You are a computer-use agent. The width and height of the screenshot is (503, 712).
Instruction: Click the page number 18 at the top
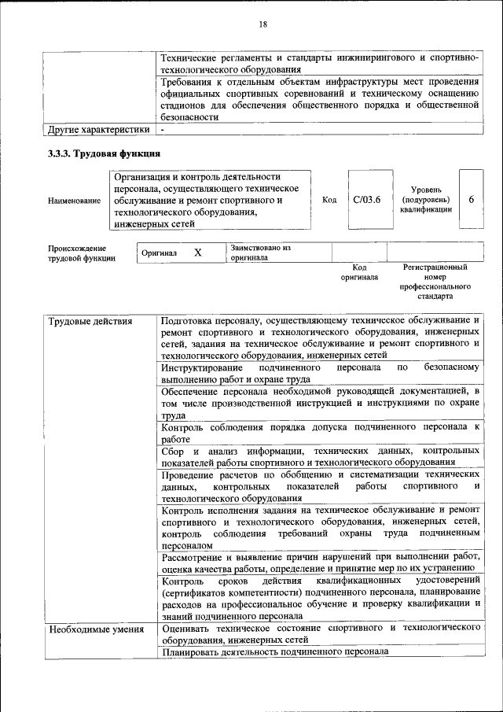click(263, 24)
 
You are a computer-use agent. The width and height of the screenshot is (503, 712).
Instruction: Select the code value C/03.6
click(367, 200)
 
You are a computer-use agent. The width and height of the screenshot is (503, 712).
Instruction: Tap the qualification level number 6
click(471, 200)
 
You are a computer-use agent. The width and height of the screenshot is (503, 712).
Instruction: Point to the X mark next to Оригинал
click(198, 253)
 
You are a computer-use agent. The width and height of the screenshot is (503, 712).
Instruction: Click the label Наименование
click(74, 201)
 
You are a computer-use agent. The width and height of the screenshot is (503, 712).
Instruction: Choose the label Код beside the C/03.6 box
click(329, 200)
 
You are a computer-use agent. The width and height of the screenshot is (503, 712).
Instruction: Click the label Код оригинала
click(359, 272)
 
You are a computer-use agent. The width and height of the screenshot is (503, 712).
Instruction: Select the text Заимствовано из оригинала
click(261, 253)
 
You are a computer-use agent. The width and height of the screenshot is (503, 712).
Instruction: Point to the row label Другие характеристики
click(98, 129)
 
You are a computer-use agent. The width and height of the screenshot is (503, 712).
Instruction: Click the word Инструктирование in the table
click(201, 367)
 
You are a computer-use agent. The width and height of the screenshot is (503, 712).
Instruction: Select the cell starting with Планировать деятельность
click(275, 652)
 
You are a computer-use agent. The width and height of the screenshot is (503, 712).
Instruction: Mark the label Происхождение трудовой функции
click(82, 253)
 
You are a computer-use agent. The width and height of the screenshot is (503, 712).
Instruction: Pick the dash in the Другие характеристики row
click(162, 129)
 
